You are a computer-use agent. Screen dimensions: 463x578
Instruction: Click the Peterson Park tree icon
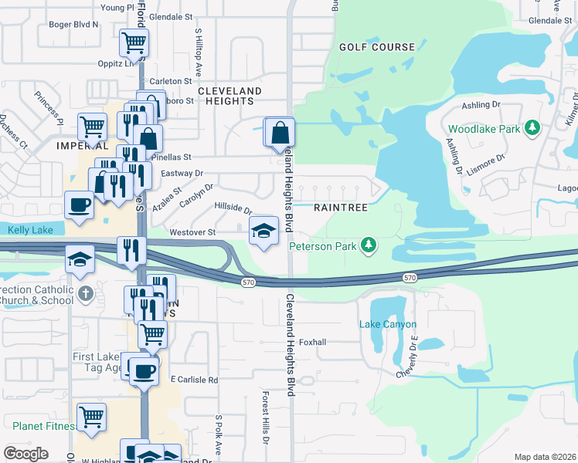pos(370,245)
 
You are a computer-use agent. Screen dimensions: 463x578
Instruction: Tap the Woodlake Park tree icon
pos(532,127)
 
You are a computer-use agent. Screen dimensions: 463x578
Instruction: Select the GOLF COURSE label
pos(377,47)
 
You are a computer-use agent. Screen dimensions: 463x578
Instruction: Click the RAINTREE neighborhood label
pos(341,208)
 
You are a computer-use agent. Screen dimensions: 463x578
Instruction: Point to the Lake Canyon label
pos(388,325)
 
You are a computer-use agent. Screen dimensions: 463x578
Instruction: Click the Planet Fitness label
pos(44,425)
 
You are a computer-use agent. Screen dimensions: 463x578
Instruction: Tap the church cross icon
pos(86,294)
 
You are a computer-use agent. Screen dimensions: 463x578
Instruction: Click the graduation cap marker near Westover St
pos(263,231)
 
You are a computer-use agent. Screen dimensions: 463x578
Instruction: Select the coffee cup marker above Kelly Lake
pos(80,205)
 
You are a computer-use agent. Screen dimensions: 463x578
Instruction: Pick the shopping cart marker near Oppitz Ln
pos(134,42)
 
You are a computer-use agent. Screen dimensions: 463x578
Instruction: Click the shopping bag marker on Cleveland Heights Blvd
pos(280,131)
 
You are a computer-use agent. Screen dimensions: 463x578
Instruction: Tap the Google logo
pos(25,455)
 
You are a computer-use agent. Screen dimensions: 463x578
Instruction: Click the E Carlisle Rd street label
pos(194,380)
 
